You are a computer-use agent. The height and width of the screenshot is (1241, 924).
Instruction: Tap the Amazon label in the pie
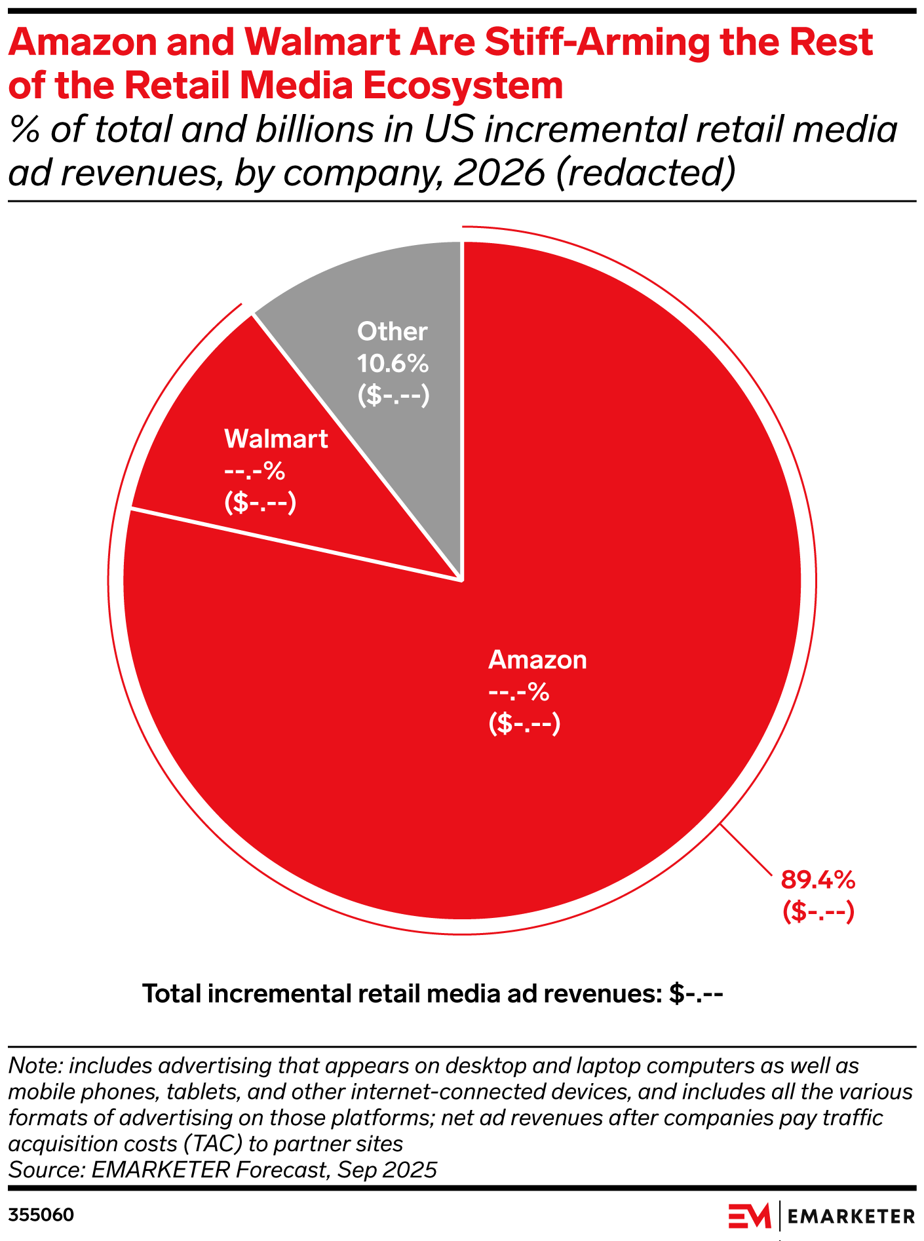(x=537, y=660)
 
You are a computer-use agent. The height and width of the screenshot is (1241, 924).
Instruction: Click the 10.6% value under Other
(x=393, y=363)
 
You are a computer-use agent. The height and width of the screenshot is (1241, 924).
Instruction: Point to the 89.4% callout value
(x=818, y=880)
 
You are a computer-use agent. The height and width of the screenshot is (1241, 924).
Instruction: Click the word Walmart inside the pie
(x=276, y=439)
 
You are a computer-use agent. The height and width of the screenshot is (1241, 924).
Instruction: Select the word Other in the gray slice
(x=392, y=332)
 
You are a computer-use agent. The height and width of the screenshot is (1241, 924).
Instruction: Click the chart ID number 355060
(x=41, y=1215)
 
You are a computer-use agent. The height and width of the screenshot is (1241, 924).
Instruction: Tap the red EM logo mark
(x=750, y=1216)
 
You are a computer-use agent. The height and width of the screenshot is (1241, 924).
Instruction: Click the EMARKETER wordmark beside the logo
(x=851, y=1217)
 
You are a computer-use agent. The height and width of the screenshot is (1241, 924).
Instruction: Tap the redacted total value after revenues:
(x=696, y=994)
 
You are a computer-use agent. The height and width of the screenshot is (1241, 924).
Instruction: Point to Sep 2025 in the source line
(x=387, y=1170)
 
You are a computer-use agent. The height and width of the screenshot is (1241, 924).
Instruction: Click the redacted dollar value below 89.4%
(x=818, y=911)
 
